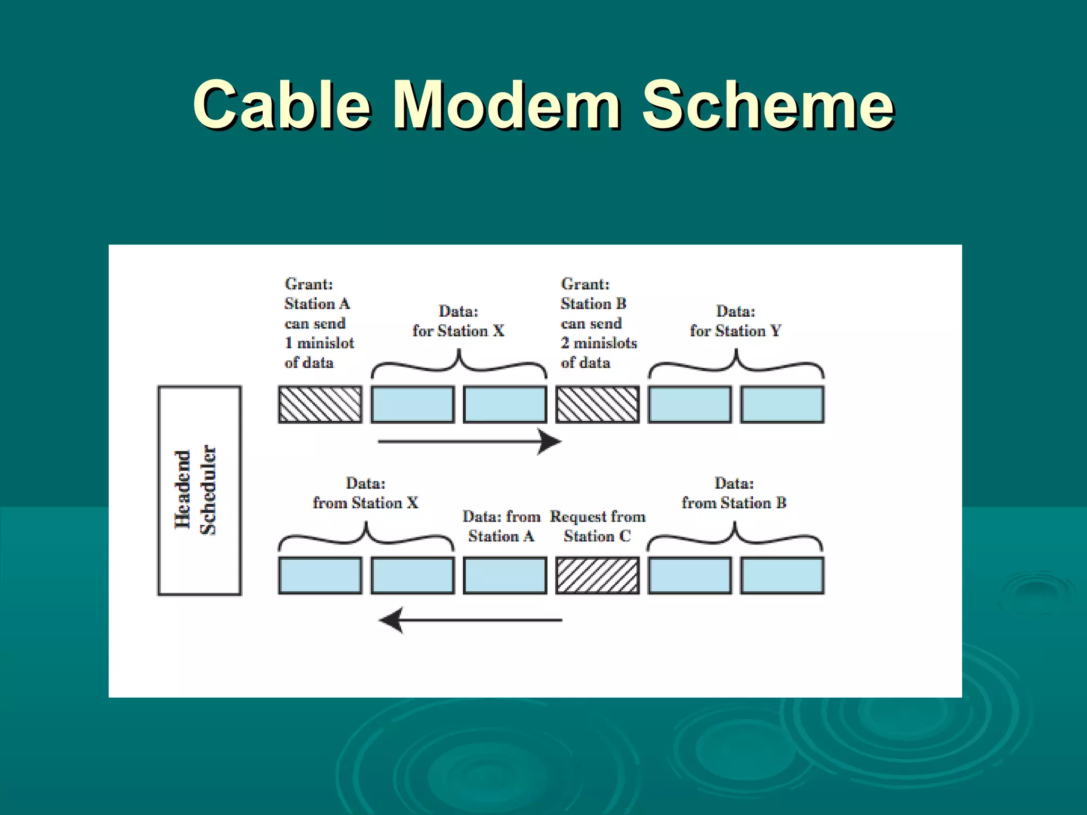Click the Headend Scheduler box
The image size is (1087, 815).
[199, 490]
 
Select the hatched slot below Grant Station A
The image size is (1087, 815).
[320, 404]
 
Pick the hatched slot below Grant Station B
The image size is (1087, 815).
[597, 404]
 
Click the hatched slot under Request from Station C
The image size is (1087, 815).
[597, 575]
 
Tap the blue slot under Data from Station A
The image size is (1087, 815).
[505, 575]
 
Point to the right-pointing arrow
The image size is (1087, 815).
[469, 441]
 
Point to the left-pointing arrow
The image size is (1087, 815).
[470, 620]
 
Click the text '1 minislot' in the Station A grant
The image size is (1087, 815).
[320, 343]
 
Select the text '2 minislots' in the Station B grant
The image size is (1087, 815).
[599, 343]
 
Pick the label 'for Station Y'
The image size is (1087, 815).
[735, 331]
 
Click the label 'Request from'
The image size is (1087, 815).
[598, 516]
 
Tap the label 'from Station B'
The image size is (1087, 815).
[734, 502]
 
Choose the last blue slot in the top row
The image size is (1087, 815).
[782, 404]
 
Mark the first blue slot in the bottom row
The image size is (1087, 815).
[320, 575]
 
